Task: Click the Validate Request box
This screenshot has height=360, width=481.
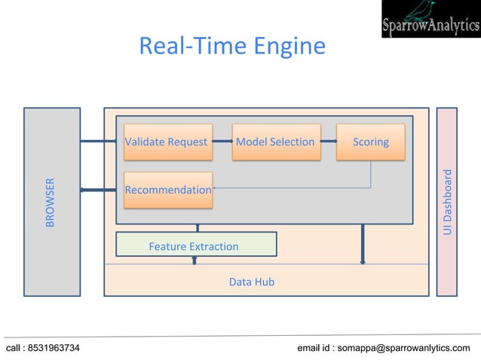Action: pyautogui.click(x=167, y=142)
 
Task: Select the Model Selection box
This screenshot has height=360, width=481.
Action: pyautogui.click(x=275, y=142)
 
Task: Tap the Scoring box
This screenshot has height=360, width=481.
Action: pyautogui.click(x=370, y=142)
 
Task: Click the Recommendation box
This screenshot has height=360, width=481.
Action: pyautogui.click(x=167, y=190)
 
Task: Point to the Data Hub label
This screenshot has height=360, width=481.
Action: pyautogui.click(x=251, y=282)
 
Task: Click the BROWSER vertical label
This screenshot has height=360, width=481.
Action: pyautogui.click(x=51, y=202)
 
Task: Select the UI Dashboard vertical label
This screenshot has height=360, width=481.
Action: pyautogui.click(x=447, y=202)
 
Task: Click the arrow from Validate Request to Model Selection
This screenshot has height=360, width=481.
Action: pyautogui.click(x=222, y=142)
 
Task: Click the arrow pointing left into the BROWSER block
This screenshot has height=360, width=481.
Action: pyautogui.click(x=94, y=190)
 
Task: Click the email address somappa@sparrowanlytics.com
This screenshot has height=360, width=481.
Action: pyautogui.click(x=404, y=348)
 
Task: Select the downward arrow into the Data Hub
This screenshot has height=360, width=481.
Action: pyautogui.click(x=363, y=245)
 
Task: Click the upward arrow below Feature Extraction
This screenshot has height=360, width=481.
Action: pyautogui.click(x=195, y=261)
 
